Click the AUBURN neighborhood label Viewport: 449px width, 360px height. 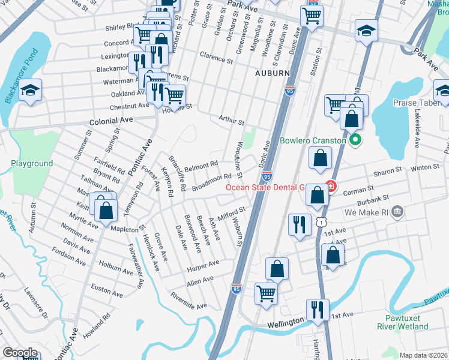(273, 73)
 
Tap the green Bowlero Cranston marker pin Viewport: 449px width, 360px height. (354, 141)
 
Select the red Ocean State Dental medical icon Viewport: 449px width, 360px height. (330, 187)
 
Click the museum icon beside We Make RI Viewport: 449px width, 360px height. (396, 212)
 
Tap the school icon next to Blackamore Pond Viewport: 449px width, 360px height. (29, 91)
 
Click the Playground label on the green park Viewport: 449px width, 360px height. (32, 163)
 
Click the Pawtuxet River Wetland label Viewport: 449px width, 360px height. (402, 322)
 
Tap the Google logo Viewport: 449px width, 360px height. (20, 353)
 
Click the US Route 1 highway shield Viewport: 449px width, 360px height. (324, 222)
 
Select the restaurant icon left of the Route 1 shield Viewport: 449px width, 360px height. (300, 224)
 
